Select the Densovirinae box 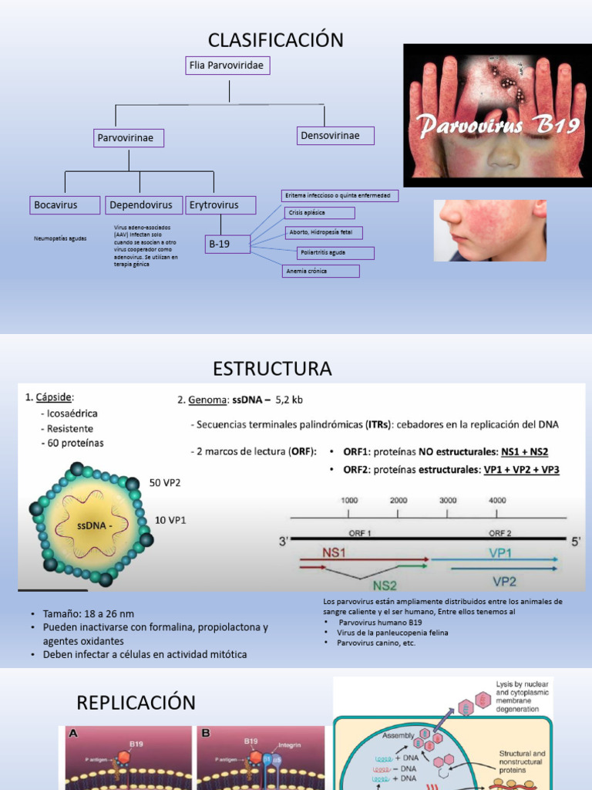click(x=335, y=137)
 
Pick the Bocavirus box click(x=66, y=205)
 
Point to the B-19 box click(x=228, y=245)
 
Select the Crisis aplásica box click(x=319, y=212)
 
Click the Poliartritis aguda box click(x=336, y=252)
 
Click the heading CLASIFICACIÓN click(x=275, y=40)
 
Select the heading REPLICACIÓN click(x=136, y=703)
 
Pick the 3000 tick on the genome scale click(x=448, y=500)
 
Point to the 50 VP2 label click(x=165, y=483)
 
